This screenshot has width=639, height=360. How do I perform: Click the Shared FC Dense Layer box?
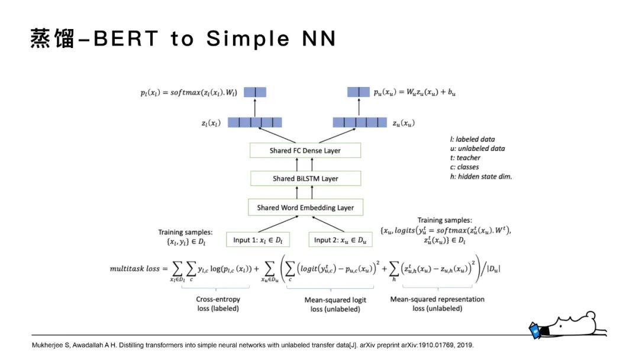pyautogui.click(x=305, y=150)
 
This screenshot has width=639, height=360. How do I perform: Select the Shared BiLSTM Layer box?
pyautogui.click(x=305, y=178)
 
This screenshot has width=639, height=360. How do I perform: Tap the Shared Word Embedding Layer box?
pyautogui.click(x=305, y=208)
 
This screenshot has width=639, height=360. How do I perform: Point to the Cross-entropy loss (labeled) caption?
pyautogui.click(x=218, y=304)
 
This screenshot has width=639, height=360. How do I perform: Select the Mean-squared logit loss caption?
pyautogui.click(x=335, y=304)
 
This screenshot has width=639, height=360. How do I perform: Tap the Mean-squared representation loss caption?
pyautogui.click(x=437, y=304)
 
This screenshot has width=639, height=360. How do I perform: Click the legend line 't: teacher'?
pyautogui.click(x=465, y=157)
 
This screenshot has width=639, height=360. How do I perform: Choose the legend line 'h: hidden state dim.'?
pyautogui.click(x=480, y=176)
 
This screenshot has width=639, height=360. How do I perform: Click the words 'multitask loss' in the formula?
pyautogui.click(x=135, y=268)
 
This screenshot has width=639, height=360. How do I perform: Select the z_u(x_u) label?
pyautogui.click(x=404, y=123)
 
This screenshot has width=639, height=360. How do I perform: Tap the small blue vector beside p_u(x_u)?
pyautogui.click(x=358, y=92)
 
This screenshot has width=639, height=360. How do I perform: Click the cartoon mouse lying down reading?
pyautogui.click(x=568, y=324)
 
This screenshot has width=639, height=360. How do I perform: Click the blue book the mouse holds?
pyautogui.click(x=535, y=330)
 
